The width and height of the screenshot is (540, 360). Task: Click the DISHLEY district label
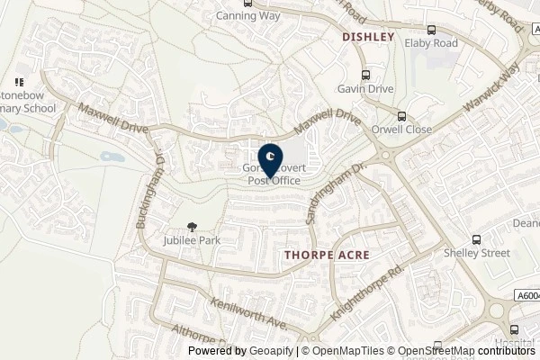coord(369,37)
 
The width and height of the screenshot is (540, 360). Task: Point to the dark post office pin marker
coord(270,158)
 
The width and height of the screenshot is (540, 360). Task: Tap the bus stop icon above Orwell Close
coord(402,115)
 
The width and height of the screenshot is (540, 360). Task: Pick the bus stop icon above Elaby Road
coord(431,29)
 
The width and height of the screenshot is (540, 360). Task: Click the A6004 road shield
coord(526,294)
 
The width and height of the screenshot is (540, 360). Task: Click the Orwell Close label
coord(402,130)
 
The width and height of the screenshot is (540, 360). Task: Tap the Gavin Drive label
coord(367,90)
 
